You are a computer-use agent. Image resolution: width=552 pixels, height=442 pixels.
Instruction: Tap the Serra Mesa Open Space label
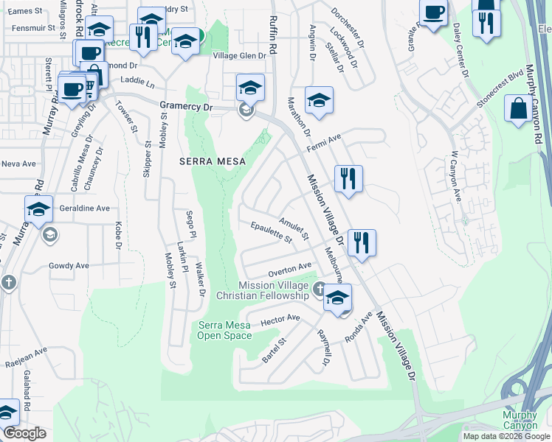(224, 330)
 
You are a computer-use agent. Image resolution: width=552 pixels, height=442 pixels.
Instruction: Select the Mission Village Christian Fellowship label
(262, 290)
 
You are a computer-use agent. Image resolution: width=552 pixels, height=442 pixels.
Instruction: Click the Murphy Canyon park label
(525, 421)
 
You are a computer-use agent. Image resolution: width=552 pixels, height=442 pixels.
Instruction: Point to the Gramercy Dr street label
(186, 106)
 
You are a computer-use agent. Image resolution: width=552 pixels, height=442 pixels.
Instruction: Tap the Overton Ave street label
(290, 268)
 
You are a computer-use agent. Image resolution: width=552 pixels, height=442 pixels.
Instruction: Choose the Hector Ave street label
(280, 318)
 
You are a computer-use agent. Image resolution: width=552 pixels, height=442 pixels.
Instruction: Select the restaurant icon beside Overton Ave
(362, 242)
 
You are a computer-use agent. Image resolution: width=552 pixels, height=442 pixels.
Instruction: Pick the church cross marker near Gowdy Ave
(8, 283)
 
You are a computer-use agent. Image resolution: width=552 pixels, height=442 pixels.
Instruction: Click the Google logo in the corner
(24, 433)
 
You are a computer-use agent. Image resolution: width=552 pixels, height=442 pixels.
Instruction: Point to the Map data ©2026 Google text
(506, 436)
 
